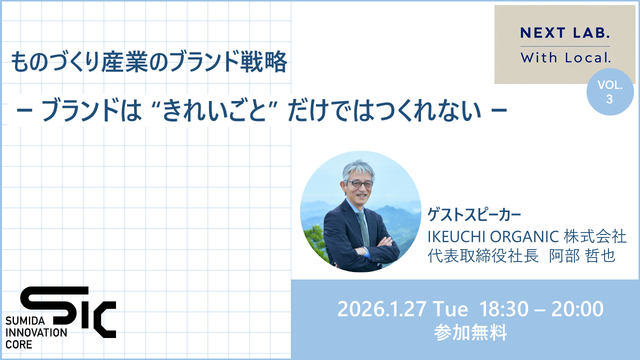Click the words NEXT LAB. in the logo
pyautogui.click(x=565, y=33)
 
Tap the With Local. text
pyautogui.click(x=565, y=58)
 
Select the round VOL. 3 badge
pyautogui.click(x=609, y=92)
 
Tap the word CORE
pyautogui.click(x=18, y=344)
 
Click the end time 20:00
pyautogui.click(x=577, y=309)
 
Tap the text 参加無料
pyautogui.click(x=470, y=332)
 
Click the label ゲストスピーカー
pyautogui.click(x=474, y=214)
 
